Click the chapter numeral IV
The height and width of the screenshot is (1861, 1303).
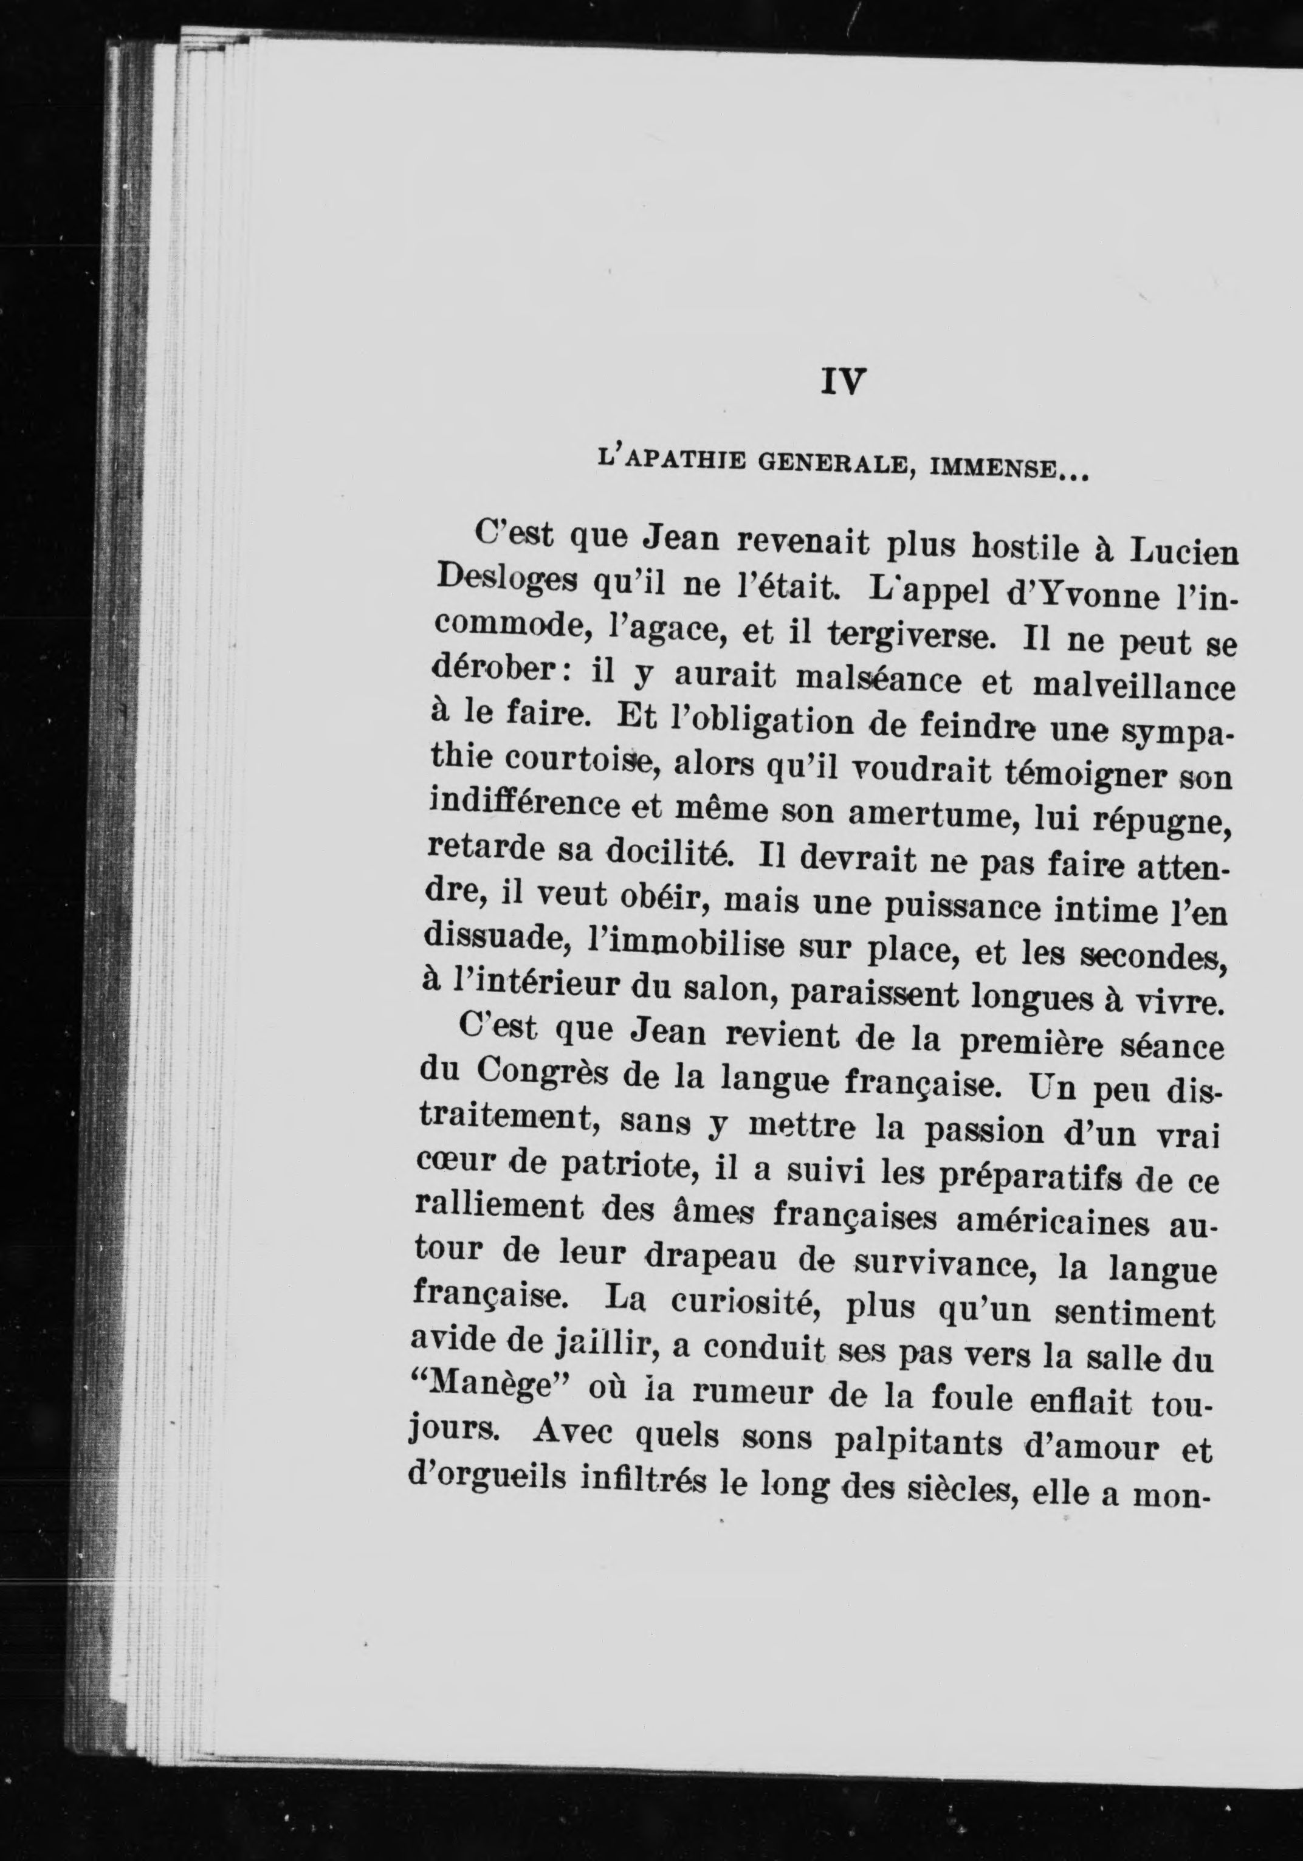tap(844, 382)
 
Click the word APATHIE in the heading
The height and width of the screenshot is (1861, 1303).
tap(678, 463)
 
